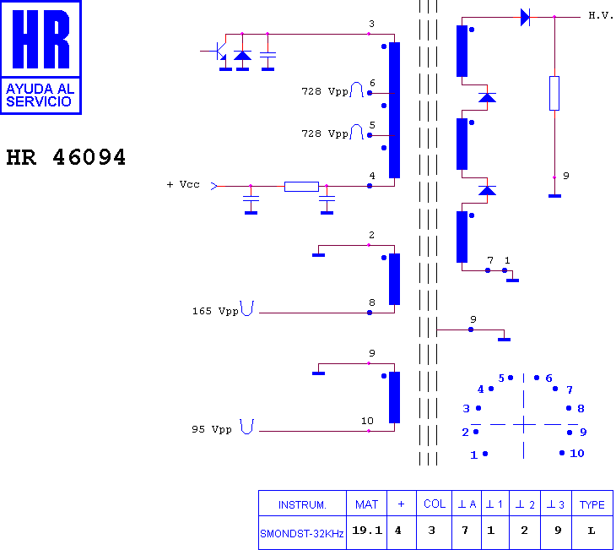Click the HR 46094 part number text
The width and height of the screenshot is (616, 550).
click(66, 157)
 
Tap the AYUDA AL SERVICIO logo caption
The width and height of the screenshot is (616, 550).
click(40, 95)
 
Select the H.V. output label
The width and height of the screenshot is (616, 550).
click(601, 15)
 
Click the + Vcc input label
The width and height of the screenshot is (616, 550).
click(183, 184)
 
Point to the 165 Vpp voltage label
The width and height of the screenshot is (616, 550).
click(215, 311)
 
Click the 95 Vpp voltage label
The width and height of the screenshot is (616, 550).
click(212, 429)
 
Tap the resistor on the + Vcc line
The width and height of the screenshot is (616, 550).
click(301, 187)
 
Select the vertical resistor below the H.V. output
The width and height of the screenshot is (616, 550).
click(554, 93)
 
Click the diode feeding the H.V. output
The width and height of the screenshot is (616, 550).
click(525, 17)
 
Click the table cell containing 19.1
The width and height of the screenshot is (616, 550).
click(366, 531)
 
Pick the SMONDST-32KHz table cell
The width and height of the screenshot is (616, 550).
click(302, 533)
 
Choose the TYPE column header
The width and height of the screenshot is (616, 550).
click(592, 504)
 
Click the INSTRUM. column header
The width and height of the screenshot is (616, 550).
click(302, 504)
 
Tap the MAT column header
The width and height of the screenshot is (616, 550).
click(366, 504)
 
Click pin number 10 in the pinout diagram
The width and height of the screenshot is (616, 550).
click(577, 453)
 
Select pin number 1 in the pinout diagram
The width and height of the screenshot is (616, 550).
click(473, 455)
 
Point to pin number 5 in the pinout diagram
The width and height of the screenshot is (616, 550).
click(501, 378)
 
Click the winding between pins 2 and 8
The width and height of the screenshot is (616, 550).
click(394, 279)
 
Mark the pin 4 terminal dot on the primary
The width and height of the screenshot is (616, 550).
click(370, 186)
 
